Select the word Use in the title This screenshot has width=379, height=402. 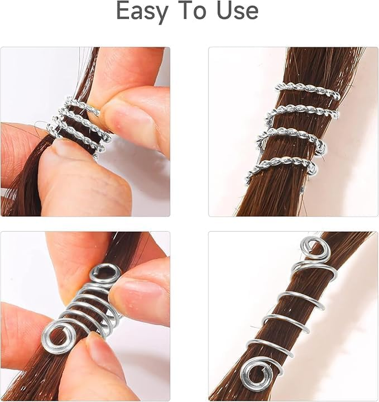pyautogui.click(x=237, y=11)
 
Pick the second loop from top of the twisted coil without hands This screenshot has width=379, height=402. pyautogui.click(x=303, y=113)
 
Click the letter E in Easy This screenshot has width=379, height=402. pyautogui.click(x=124, y=11)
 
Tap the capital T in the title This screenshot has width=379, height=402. pyautogui.click(x=187, y=11)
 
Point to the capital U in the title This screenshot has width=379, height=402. pyautogui.click(x=226, y=11)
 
